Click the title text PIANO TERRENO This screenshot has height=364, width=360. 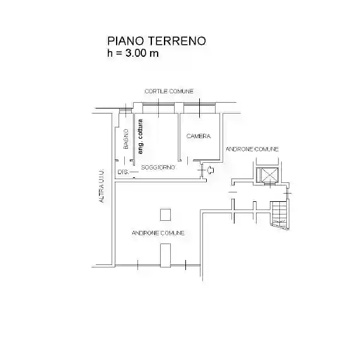pos(156,41)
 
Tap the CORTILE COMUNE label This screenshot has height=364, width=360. pos(168,91)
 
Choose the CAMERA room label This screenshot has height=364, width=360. pos(198,136)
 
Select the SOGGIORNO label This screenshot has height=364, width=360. pos(158,167)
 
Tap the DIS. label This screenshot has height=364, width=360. pos(123,172)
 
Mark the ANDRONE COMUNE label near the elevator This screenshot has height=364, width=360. pos(252,149)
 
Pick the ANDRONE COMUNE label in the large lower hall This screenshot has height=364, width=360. pos(158,233)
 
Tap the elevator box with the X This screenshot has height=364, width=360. pos(268,175)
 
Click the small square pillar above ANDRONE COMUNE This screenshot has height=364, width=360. pos(165,215)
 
